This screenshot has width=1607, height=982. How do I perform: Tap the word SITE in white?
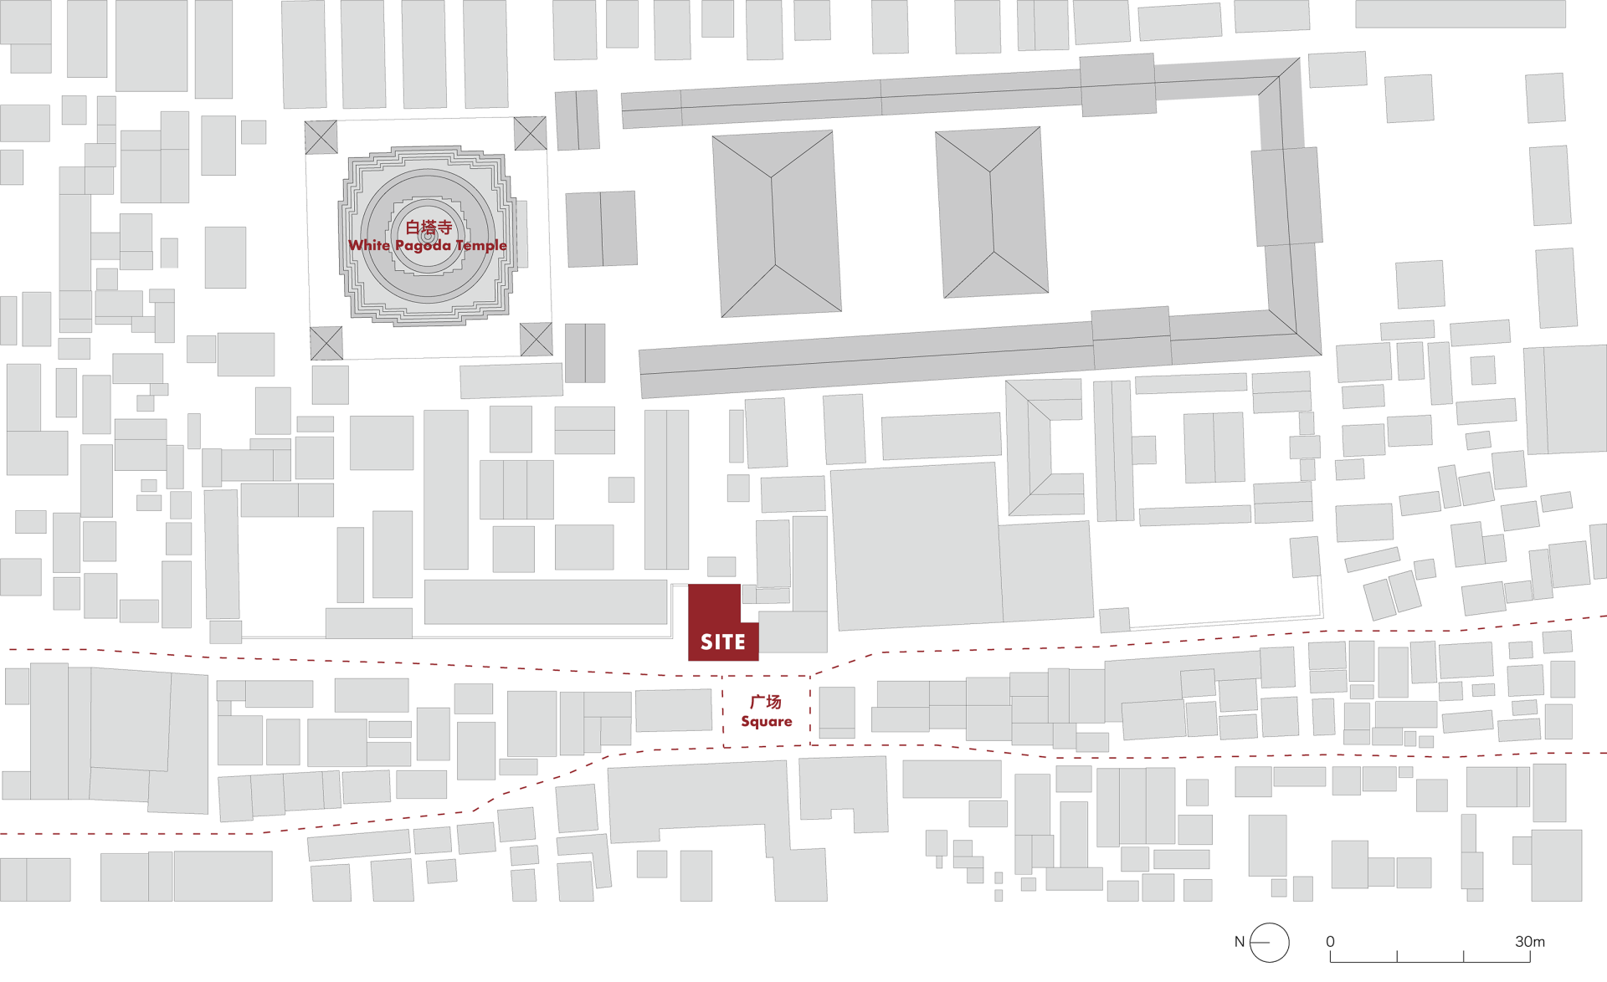coord(723,642)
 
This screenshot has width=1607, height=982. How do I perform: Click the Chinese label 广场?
coord(766,703)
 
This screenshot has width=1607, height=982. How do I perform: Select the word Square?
coord(767,721)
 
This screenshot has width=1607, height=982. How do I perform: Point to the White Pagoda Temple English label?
coord(428,245)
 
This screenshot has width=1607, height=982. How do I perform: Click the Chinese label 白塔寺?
coord(429,227)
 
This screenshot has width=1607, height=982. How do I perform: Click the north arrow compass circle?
coord(1269,943)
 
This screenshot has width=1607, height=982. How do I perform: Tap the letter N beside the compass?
coord(1240,942)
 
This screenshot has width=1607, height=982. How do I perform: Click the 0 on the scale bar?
coord(1330,942)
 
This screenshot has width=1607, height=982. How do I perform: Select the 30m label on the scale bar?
coord(1530,942)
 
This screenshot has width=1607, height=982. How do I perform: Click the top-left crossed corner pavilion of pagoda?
coord(321,137)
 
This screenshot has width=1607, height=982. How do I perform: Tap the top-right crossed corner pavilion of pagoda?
coord(530,133)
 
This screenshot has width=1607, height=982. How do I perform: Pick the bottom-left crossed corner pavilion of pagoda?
coord(326,343)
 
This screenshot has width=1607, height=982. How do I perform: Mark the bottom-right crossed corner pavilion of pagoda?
coord(536,339)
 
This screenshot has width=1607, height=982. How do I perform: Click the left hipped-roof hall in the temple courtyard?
coord(776,223)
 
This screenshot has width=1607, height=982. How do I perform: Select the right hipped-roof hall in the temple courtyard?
coord(991,212)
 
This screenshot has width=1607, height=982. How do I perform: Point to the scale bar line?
coord(1430,961)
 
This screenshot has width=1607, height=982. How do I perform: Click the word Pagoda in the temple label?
coord(423,245)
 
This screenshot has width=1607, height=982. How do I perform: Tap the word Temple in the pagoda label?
coord(481,245)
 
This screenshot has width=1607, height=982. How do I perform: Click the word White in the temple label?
coord(369,245)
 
